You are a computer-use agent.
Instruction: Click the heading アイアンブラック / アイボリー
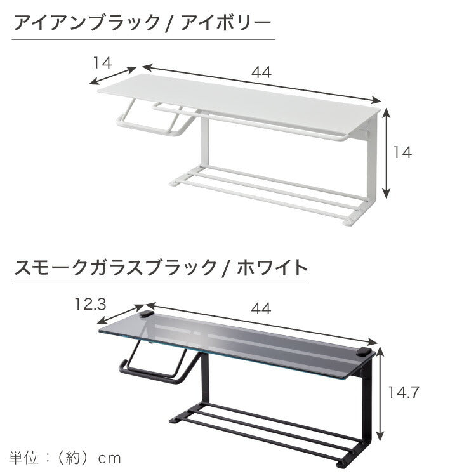click(x=143, y=24)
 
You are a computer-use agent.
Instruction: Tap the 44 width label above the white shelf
click(x=261, y=72)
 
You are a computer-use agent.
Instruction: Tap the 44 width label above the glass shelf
click(x=261, y=308)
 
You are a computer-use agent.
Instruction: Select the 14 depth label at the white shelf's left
click(x=102, y=62)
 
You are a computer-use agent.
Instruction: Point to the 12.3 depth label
click(x=89, y=304)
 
